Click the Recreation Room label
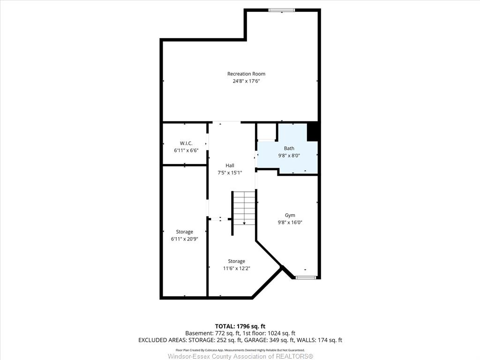click(246, 74)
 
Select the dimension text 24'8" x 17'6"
click(246, 81)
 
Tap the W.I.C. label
click(186, 143)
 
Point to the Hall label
click(230, 165)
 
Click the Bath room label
click(289, 148)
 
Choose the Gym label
click(290, 215)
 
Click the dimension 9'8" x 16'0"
click(290, 223)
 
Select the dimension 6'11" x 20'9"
click(185, 239)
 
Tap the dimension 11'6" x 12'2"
click(237, 269)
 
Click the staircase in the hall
click(244, 208)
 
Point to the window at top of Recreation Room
click(282, 10)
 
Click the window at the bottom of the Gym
click(306, 277)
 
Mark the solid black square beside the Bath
click(313, 132)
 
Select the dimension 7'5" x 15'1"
click(230, 172)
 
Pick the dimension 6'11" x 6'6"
click(186, 150)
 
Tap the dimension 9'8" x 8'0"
click(289, 156)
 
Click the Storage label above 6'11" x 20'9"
click(184, 232)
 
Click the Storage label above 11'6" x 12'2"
click(236, 261)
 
